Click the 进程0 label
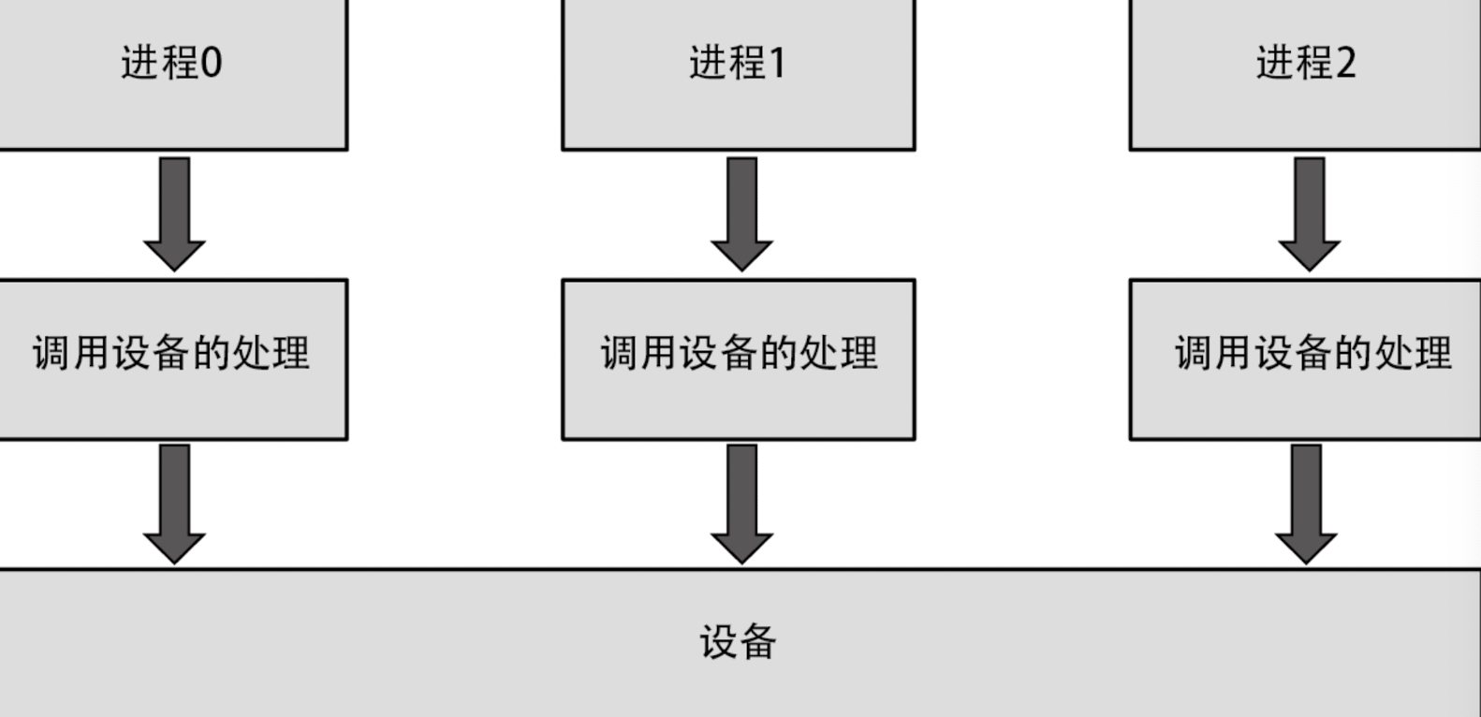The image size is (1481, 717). click(x=171, y=64)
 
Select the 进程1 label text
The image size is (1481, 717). click(x=738, y=64)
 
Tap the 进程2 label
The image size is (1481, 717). click(x=1305, y=64)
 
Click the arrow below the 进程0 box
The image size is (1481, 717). click(x=174, y=212)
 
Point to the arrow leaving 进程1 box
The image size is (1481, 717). click(x=741, y=212)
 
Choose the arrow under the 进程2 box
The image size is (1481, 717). click(x=1309, y=212)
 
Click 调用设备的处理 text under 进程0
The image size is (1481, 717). click(x=171, y=353)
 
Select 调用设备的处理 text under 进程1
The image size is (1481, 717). click(x=739, y=353)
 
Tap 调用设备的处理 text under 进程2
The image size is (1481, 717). click(x=1312, y=353)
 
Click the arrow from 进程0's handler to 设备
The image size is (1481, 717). click(x=174, y=503)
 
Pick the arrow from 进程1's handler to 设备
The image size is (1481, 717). click(x=741, y=503)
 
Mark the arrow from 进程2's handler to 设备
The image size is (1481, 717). click(x=1306, y=503)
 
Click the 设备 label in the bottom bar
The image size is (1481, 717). click(x=738, y=642)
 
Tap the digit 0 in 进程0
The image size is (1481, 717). click(x=212, y=64)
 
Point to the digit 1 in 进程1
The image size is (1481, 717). click(x=777, y=64)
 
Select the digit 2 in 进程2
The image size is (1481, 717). click(x=1345, y=64)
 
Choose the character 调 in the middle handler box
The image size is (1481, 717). click(x=618, y=353)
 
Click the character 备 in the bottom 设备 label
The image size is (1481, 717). click(x=757, y=642)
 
